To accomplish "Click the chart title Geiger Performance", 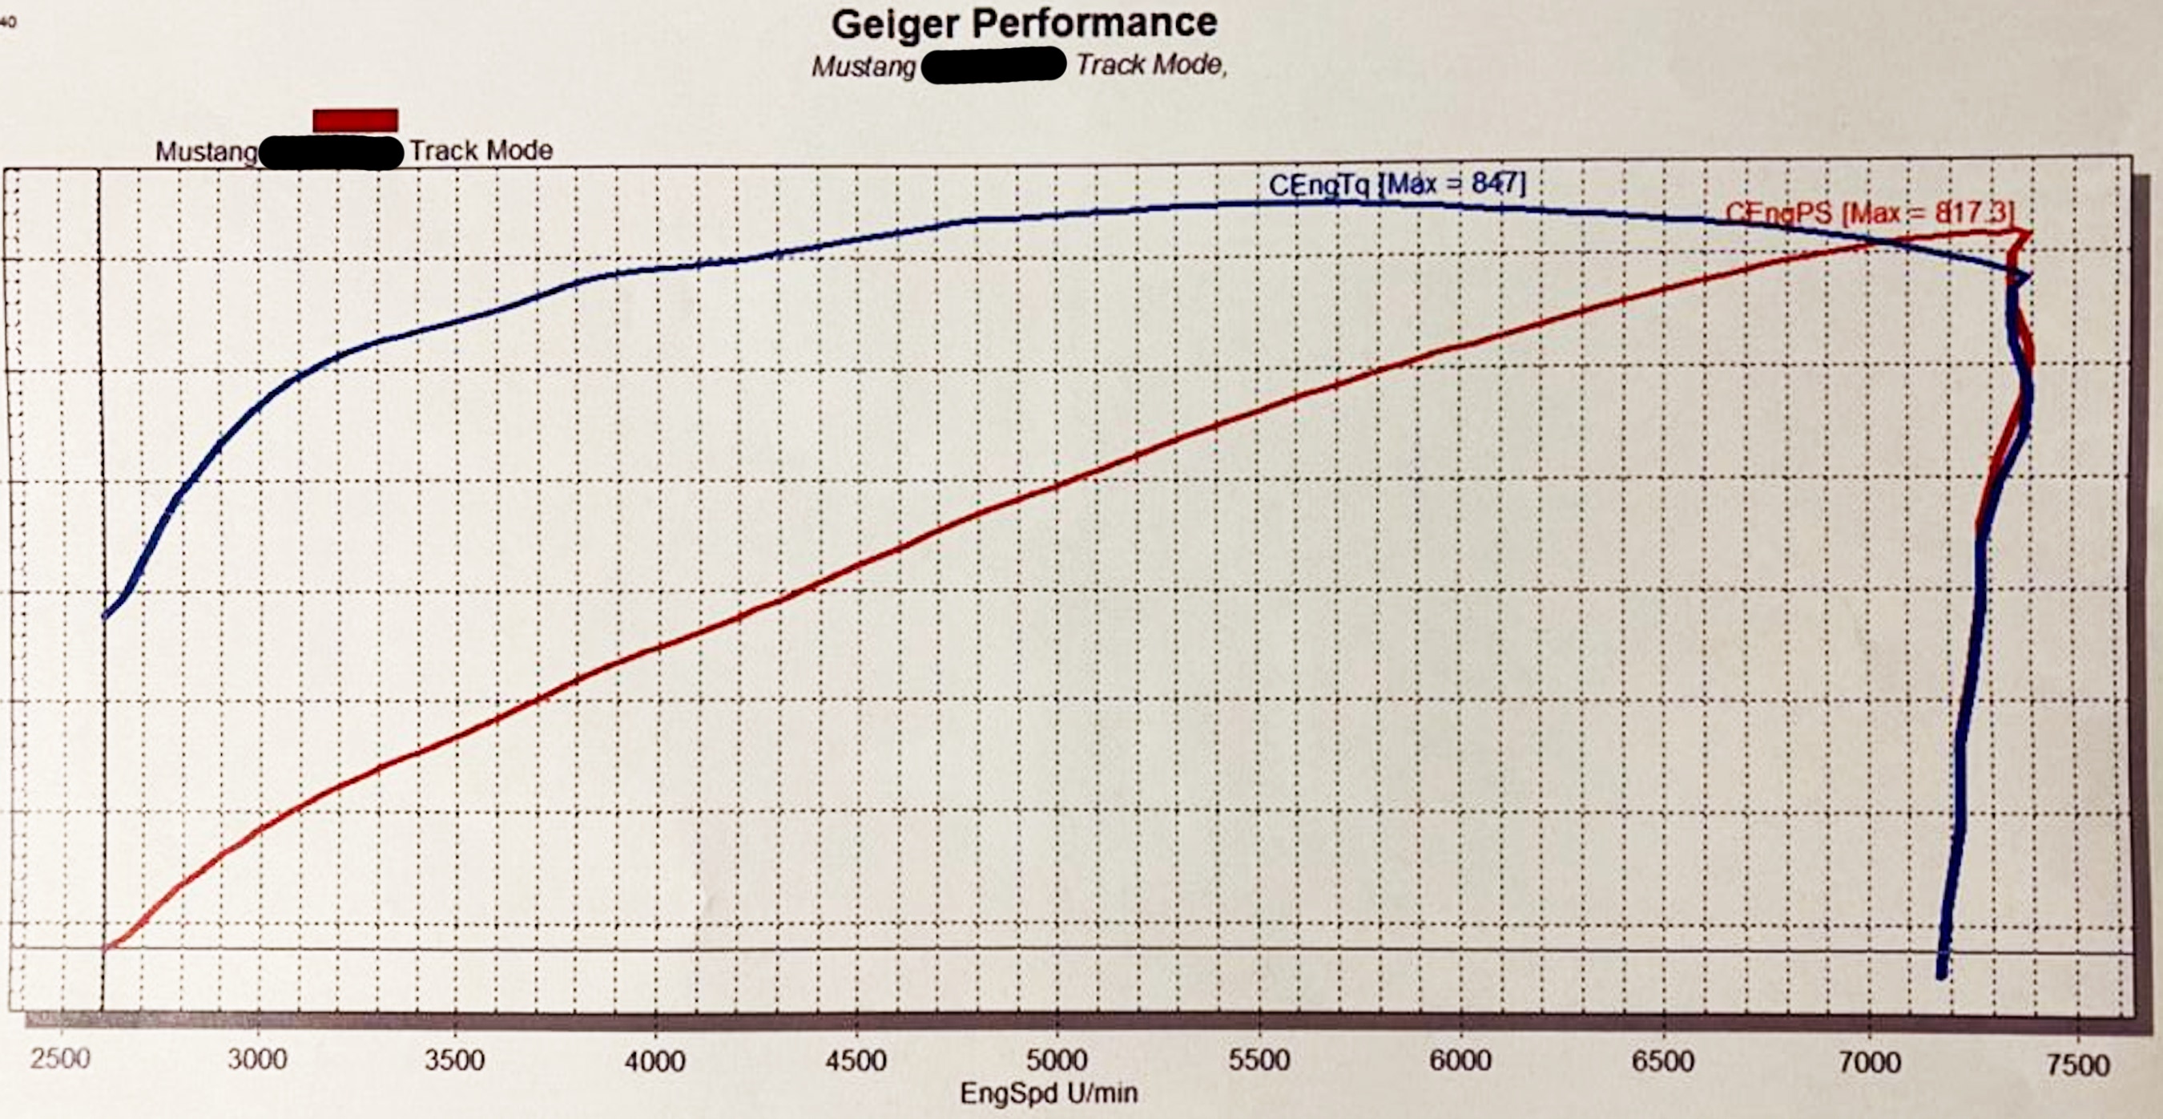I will (x=1024, y=23).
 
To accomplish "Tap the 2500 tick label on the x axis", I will (x=59, y=1059).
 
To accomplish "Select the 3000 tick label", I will (x=257, y=1060).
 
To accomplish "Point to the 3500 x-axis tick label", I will (x=455, y=1060).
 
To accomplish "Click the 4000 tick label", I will (x=655, y=1061).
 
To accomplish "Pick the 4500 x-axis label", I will (x=856, y=1060).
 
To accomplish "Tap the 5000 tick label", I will (x=1057, y=1060).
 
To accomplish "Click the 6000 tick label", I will (x=1460, y=1060).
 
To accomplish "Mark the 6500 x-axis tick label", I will (x=1662, y=1061).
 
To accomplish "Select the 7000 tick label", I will (x=1870, y=1063).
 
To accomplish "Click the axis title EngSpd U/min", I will (x=1049, y=1094).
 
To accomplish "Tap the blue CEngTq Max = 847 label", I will (x=1396, y=184).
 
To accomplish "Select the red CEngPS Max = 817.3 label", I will (x=1869, y=213).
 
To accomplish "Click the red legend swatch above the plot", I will (x=355, y=120).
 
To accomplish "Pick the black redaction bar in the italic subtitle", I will (x=993, y=65).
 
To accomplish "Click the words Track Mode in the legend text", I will (x=481, y=151).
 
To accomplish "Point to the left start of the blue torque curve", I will (x=105, y=616).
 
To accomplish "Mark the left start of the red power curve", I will (x=106, y=948).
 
